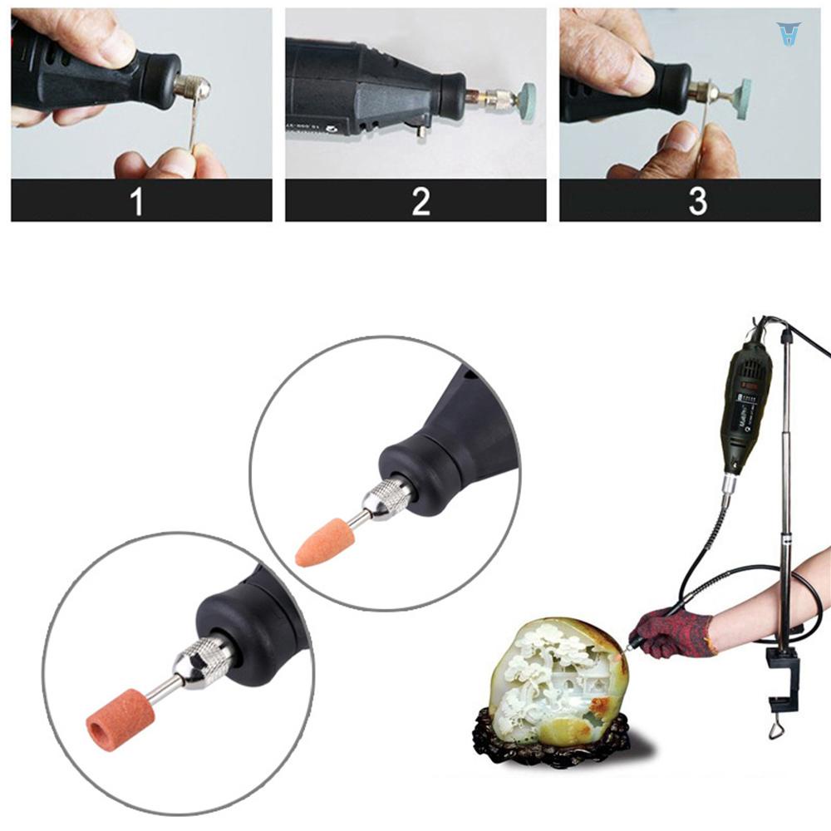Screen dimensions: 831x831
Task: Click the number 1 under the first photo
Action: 137,202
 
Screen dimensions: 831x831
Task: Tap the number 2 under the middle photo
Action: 421,202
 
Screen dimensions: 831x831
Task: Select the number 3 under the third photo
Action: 697,202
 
